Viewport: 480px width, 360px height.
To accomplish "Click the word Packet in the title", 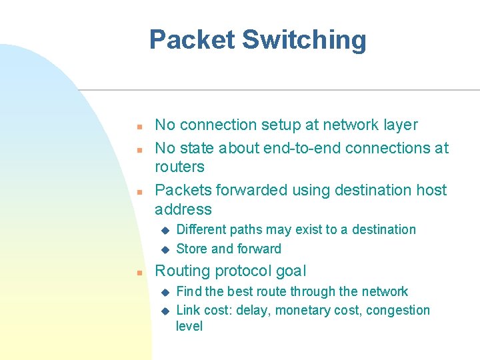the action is tap(191, 40).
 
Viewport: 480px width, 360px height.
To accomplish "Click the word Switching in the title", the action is tap(304, 40).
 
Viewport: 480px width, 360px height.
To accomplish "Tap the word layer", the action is tap(398, 125).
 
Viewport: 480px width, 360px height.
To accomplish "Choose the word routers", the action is tap(179, 167).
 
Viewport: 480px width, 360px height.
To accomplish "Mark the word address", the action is tap(183, 209).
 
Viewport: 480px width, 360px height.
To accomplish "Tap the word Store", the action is tap(191, 249).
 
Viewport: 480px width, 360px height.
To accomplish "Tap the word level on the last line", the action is tap(189, 326).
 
